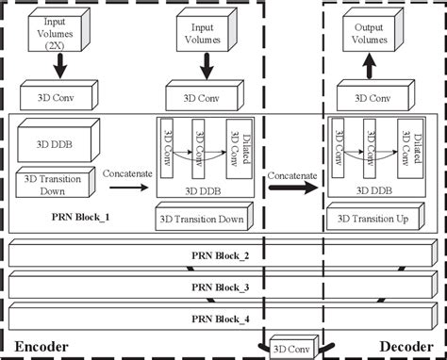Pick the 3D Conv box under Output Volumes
pos(371,96)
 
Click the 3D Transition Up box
pos(370,220)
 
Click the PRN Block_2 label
pos(222,255)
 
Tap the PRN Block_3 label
pos(222,286)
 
